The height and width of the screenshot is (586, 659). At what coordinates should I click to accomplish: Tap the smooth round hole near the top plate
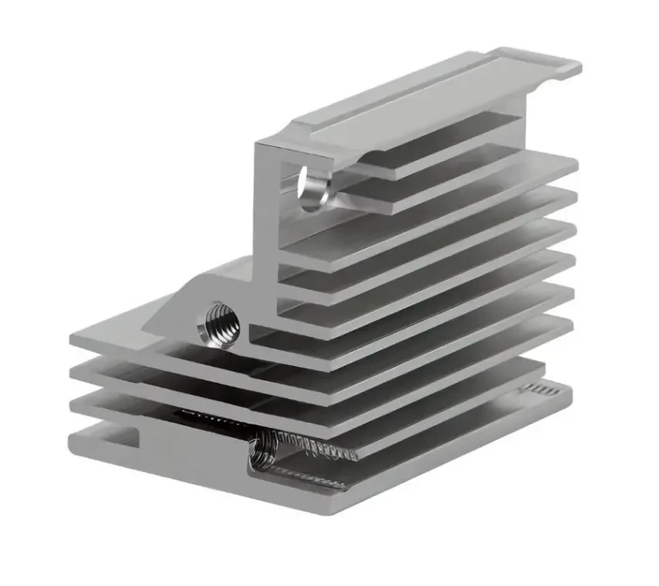click(x=312, y=187)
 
